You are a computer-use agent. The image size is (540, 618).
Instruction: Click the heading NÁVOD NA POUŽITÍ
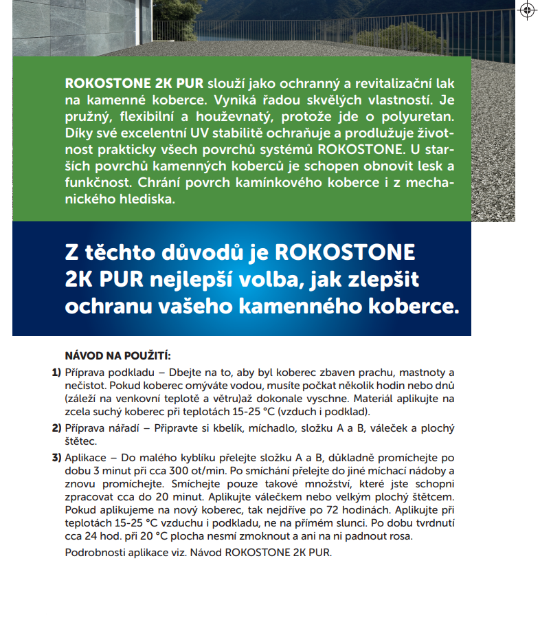tap(117, 356)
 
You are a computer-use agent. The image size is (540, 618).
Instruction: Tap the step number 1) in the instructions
tap(57, 372)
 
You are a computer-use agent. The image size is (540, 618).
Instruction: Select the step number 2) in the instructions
tap(57, 428)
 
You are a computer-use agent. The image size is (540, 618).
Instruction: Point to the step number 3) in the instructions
tap(57, 457)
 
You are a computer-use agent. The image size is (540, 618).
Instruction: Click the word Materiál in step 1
tap(378, 398)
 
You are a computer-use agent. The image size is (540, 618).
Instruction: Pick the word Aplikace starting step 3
tap(87, 457)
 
